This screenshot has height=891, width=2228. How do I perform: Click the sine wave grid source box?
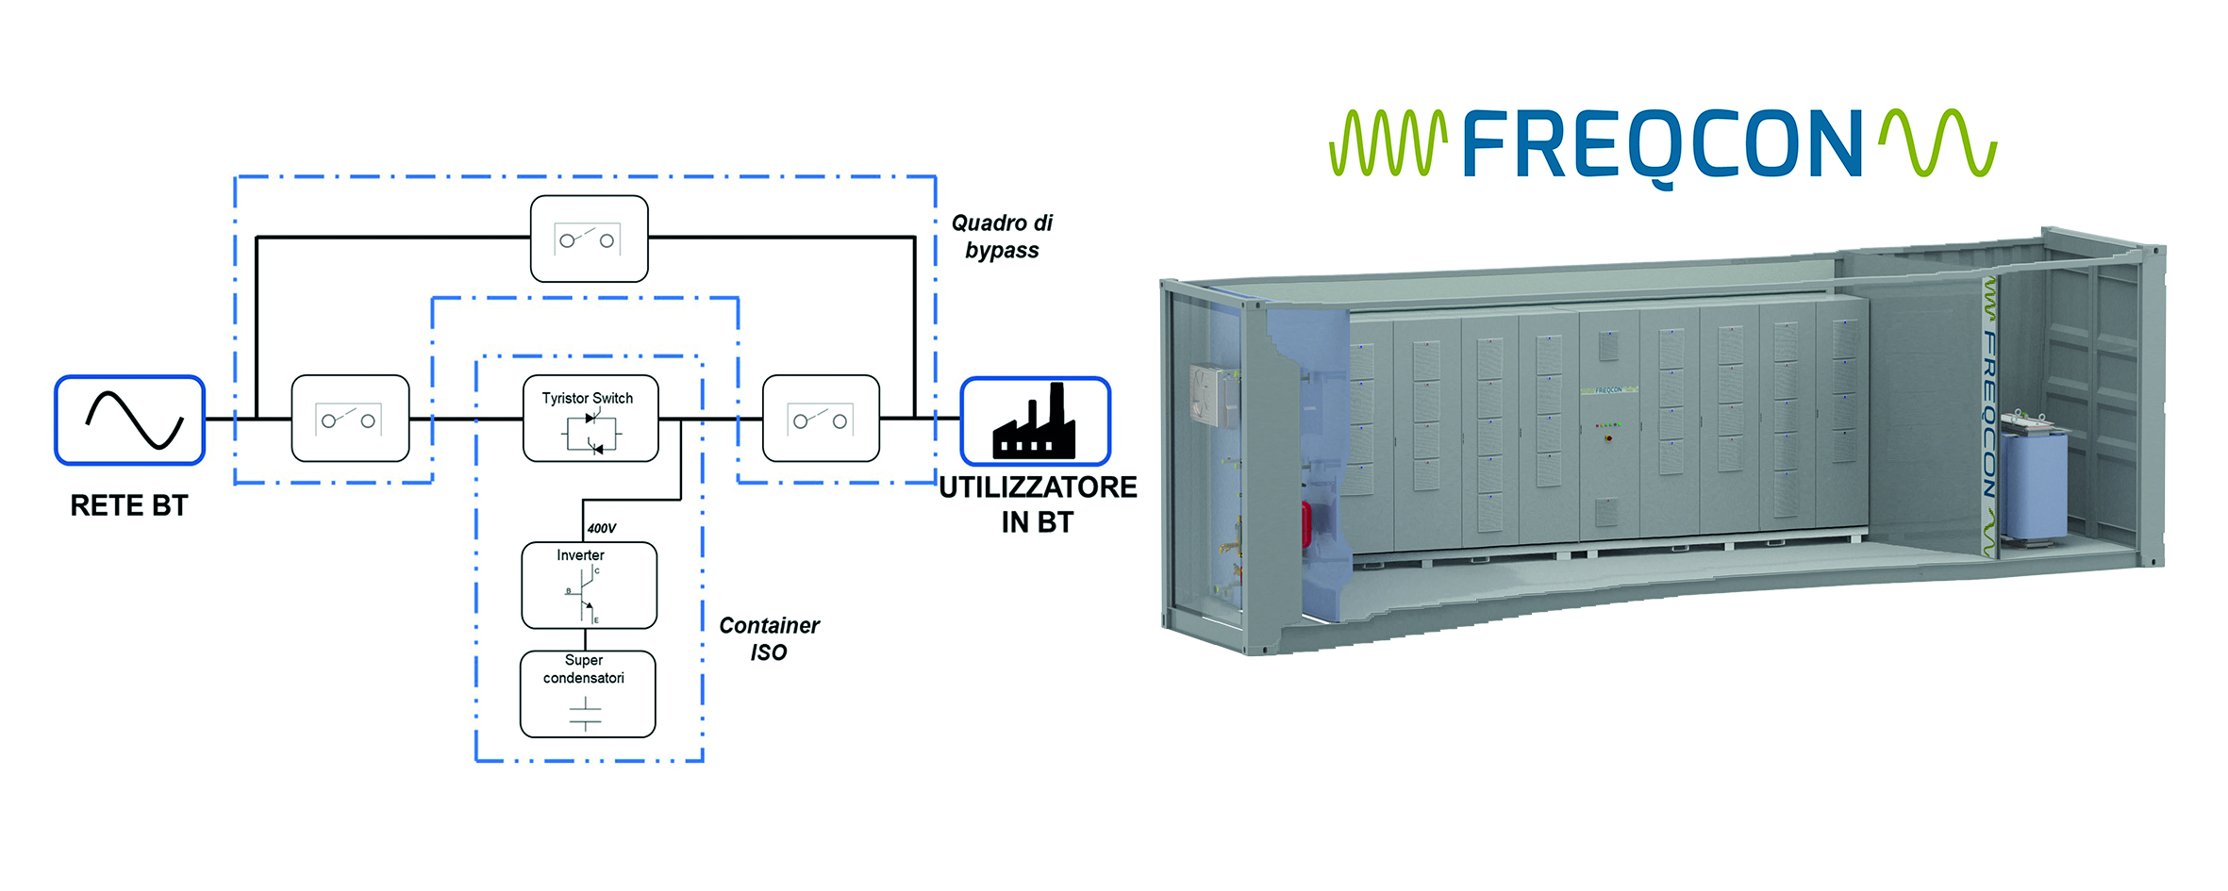coord(130,421)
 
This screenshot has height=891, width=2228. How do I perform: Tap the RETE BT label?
coord(129,506)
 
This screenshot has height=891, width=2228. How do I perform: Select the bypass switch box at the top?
coord(590,239)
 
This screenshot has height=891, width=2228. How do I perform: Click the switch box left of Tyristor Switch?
coord(350,419)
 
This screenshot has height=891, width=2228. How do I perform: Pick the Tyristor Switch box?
coord(590,419)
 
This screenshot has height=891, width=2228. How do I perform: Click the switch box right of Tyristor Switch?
coord(821,419)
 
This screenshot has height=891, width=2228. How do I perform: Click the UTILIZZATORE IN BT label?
coord(1038,504)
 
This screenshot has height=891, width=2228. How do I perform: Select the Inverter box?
coord(589,585)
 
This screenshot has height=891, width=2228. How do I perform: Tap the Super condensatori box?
coord(588,694)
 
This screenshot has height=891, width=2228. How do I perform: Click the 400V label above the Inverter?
coord(602,528)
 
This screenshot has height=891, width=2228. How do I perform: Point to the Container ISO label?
coord(769,638)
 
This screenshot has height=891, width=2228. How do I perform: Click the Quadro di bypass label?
coord(1002,237)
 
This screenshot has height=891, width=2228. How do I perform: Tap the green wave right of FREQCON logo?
coord(1938,143)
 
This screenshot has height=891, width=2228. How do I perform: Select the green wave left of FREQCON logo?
coord(1388,144)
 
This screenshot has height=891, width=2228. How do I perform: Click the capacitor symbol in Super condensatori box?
coord(586,714)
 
